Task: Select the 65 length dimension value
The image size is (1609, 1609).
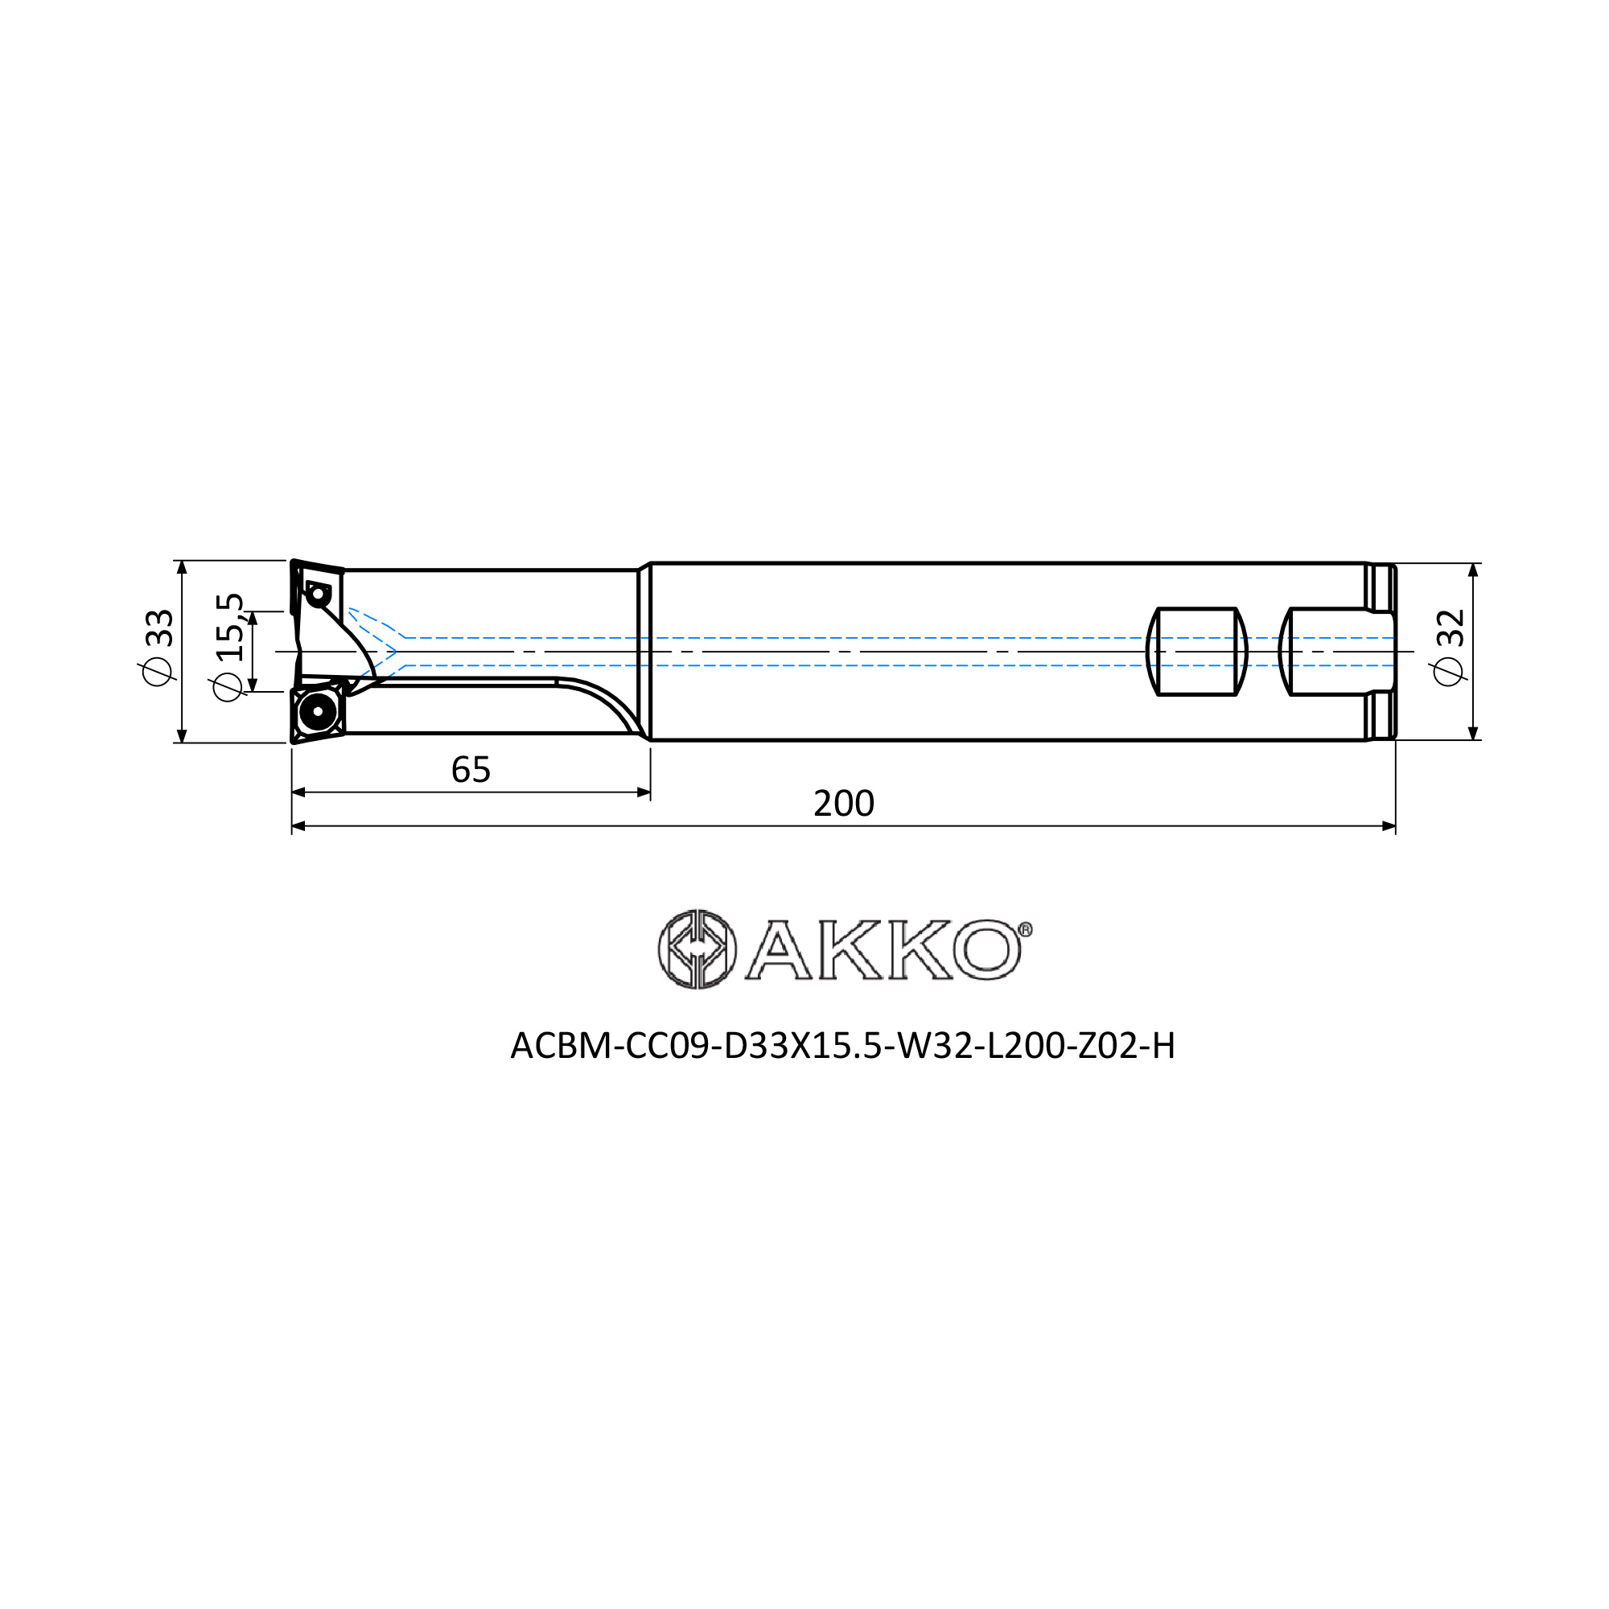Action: [x=471, y=771]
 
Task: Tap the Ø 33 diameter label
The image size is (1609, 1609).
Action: [x=158, y=648]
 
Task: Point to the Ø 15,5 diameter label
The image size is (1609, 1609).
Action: [x=228, y=647]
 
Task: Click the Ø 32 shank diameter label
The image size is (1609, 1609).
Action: [x=1450, y=647]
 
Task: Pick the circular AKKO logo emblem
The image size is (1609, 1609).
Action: [x=697, y=949]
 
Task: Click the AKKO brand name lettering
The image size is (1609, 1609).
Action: [x=883, y=949]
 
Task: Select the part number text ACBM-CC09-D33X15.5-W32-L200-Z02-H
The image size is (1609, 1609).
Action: [x=843, y=1046]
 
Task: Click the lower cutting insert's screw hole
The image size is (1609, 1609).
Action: [x=317, y=711]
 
